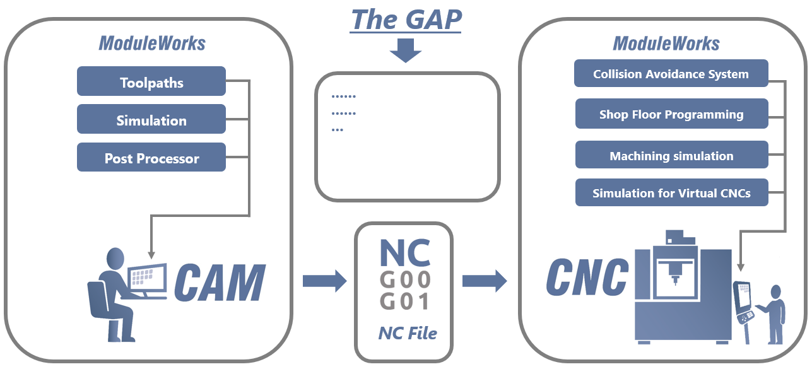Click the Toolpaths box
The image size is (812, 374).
point(151,82)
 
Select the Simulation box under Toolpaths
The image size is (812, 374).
point(151,120)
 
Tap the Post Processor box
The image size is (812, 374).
point(151,158)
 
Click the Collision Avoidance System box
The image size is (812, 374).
point(671,74)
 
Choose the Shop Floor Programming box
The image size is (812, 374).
point(671,114)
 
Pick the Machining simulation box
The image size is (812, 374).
point(671,156)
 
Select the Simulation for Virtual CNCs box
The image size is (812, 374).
point(671,193)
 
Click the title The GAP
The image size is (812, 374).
point(406,20)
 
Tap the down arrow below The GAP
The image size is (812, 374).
point(405,50)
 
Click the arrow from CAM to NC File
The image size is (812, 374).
point(324,280)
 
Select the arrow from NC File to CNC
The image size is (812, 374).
point(484,280)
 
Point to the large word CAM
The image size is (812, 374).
point(219,283)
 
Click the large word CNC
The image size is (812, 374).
point(587,277)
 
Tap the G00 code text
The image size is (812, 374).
point(404,278)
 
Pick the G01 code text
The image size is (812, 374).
point(404,301)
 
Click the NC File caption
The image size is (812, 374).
point(407,333)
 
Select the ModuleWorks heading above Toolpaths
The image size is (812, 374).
point(151,43)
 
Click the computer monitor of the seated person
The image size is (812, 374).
point(147,278)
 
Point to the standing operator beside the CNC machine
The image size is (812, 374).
point(775,313)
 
